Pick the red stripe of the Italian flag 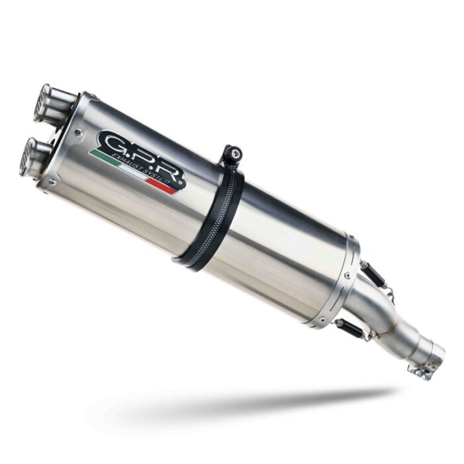163,186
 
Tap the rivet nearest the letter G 80,132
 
